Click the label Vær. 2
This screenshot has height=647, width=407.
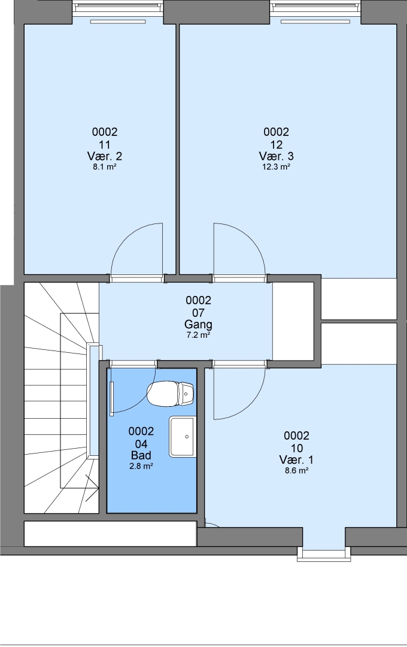(105, 156)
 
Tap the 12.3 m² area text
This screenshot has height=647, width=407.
(277, 167)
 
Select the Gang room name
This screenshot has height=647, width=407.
(198, 324)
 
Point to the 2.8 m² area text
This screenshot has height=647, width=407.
(141, 466)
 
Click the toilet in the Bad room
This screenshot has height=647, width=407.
(171, 394)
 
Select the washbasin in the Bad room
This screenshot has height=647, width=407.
(182, 437)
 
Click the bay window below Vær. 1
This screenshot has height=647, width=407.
(324, 554)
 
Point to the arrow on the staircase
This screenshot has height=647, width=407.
(92, 488)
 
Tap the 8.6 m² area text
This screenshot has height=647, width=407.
(296, 471)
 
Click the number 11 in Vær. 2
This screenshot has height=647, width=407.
(105, 145)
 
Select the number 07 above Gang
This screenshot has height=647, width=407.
(198, 313)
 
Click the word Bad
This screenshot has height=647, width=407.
(141, 455)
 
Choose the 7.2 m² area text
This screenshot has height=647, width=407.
(198, 335)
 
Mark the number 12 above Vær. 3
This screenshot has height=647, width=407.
(277, 145)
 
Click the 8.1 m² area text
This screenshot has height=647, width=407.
(105, 167)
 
